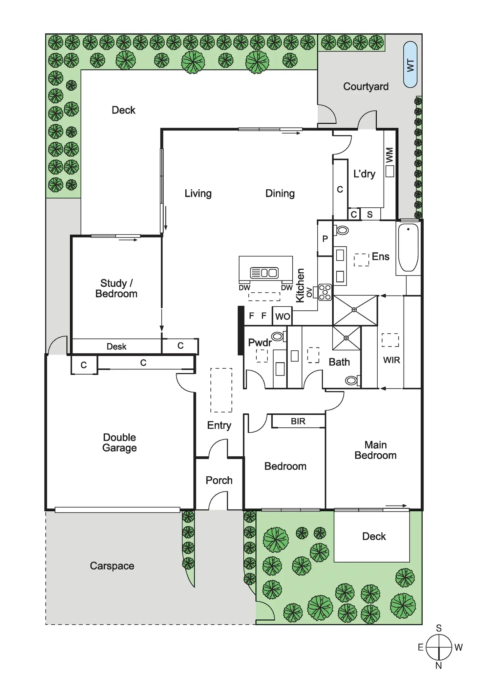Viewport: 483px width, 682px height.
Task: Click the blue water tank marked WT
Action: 410,65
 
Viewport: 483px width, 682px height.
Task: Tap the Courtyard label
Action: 366,87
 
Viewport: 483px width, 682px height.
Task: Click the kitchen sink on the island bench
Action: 264,273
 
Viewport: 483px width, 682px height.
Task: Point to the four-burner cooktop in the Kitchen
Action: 325,292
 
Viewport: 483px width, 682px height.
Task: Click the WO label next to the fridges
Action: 282,317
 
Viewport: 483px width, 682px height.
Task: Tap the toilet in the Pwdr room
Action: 278,336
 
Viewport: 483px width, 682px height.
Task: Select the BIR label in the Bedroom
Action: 298,421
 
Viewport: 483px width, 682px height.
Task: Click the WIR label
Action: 391,360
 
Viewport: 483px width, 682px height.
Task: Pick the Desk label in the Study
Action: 116,346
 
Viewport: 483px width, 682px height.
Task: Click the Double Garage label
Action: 119,443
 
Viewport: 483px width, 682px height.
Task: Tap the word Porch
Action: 219,480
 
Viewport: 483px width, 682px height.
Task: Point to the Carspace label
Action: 112,566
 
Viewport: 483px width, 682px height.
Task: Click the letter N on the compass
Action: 439,666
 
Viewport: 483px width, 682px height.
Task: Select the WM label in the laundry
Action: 389,155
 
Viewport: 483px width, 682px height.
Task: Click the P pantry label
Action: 325,239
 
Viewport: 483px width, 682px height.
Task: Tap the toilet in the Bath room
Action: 351,381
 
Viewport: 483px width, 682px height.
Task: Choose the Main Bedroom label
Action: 375,450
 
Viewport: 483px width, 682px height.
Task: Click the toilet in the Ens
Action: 342,230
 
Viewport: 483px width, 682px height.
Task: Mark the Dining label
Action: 280,194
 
